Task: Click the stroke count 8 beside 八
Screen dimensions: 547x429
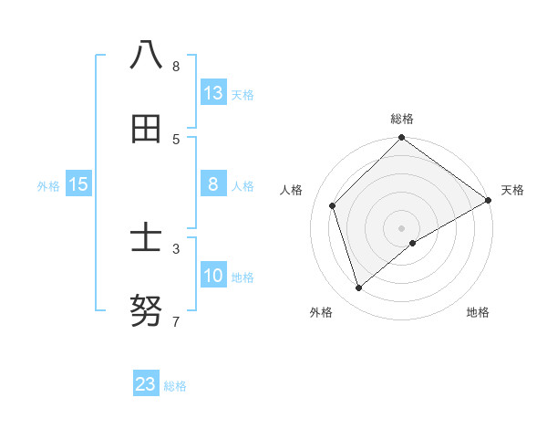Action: tap(176, 66)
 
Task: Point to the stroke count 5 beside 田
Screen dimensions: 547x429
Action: tap(176, 139)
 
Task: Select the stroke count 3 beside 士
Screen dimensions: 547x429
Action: tap(176, 248)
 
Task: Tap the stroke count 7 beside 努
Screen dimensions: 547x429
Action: tap(176, 321)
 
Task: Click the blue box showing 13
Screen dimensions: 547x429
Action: tap(213, 92)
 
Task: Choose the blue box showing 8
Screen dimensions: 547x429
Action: tap(213, 184)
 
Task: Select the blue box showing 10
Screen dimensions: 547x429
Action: tap(213, 276)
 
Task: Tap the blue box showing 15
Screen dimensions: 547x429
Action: tap(78, 184)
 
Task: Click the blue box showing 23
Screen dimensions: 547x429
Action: tap(146, 384)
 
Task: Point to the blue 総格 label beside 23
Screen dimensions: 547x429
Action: tap(176, 386)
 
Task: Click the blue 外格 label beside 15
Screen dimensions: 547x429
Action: tap(48, 186)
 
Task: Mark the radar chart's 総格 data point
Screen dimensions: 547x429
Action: tap(401, 139)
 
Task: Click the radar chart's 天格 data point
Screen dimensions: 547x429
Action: tap(488, 201)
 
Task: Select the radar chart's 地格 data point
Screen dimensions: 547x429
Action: tap(413, 243)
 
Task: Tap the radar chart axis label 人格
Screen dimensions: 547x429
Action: tap(292, 190)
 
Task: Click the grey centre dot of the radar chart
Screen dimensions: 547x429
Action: tap(401, 227)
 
